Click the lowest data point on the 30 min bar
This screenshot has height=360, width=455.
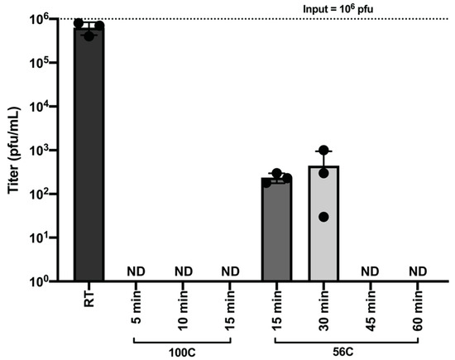[323, 217]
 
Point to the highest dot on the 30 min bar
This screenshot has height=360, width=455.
[323, 151]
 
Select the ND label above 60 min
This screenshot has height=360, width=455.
[418, 271]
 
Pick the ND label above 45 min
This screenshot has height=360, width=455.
[371, 271]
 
